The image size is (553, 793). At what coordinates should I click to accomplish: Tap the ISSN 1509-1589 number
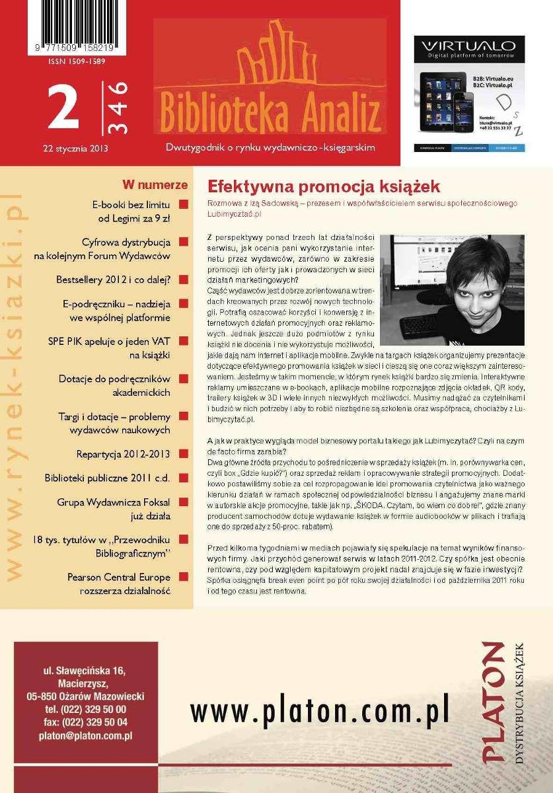[77, 61]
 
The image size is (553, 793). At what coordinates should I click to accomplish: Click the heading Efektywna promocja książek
[324, 186]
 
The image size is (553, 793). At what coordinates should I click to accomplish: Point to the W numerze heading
[155, 185]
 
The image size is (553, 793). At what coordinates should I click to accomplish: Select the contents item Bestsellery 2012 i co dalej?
[114, 280]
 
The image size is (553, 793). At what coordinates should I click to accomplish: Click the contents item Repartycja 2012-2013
[123, 454]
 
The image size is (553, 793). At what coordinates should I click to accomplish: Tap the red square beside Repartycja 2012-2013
[183, 454]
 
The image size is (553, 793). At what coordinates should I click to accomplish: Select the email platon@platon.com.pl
[85, 735]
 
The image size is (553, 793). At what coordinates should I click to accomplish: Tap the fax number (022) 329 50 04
[85, 722]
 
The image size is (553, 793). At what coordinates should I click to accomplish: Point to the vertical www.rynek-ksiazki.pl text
[15, 390]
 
